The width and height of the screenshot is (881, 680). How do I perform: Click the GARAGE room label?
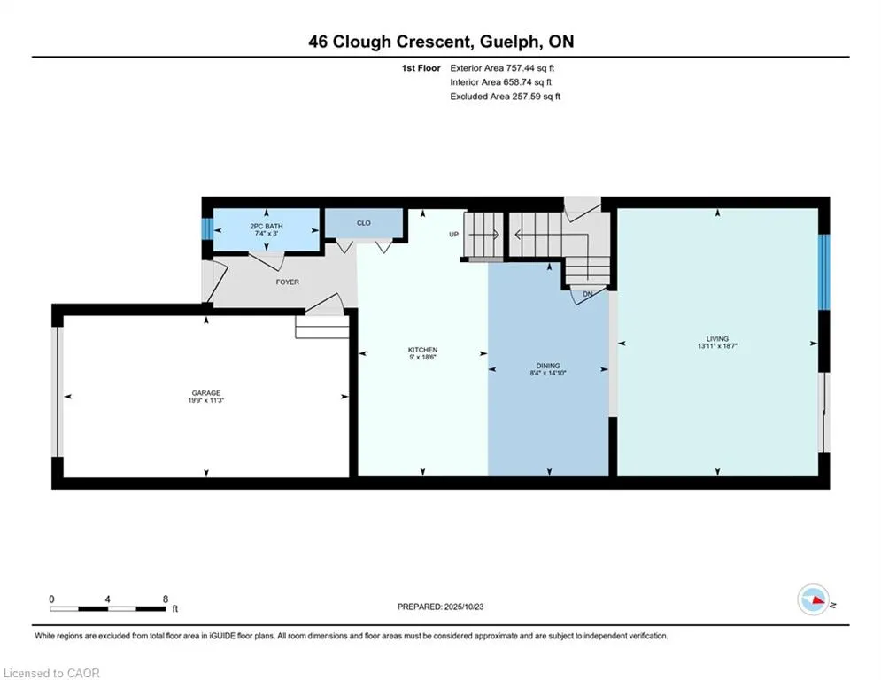tap(206, 393)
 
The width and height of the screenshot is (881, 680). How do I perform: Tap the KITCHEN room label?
tap(422, 350)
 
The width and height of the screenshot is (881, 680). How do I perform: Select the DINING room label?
tap(548, 366)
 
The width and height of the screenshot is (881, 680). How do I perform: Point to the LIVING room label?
tap(717, 338)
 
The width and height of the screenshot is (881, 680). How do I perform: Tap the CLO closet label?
tap(363, 223)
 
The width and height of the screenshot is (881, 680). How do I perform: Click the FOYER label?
tap(287, 282)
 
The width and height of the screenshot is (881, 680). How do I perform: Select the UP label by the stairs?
tap(454, 235)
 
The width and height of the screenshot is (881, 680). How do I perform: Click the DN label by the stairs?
tap(586, 294)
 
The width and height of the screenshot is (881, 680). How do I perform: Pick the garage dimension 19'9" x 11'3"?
tap(206, 401)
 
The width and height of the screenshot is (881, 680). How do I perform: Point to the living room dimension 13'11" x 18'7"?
tap(717, 346)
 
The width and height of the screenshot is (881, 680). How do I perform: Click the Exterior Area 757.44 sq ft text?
tap(502, 67)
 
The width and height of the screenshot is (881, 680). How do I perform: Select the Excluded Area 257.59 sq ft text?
tap(505, 96)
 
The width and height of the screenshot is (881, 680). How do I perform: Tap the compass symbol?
tap(812, 599)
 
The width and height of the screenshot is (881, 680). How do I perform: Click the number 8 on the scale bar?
tap(166, 599)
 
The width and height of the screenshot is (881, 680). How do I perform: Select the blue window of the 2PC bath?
tap(206, 229)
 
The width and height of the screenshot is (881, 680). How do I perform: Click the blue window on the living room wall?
tap(823, 272)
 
